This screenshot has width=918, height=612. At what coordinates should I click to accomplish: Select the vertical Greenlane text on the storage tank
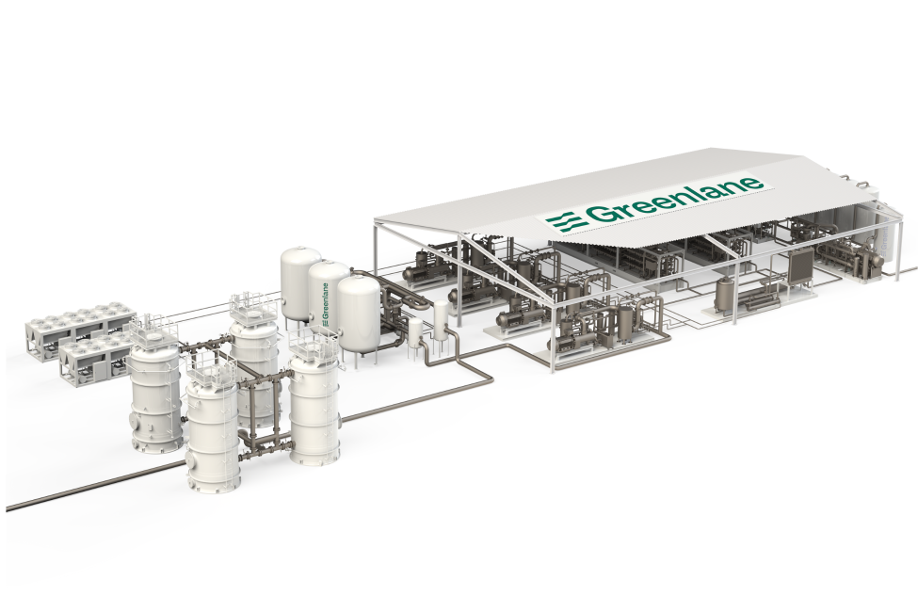325,303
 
